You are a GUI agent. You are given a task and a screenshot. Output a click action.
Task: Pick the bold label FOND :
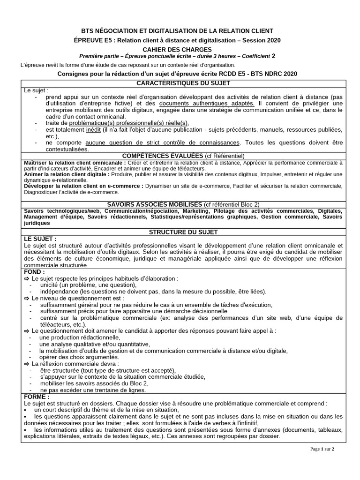(34, 271)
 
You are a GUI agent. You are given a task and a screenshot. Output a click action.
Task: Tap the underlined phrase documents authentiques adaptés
(207, 103)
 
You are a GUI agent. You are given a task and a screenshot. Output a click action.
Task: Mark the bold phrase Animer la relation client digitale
(66, 174)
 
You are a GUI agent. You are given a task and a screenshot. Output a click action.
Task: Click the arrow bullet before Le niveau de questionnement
(26, 298)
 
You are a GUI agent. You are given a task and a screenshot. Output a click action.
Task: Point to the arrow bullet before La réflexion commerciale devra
(26, 363)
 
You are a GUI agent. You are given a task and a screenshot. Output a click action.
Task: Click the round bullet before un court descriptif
(25, 409)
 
